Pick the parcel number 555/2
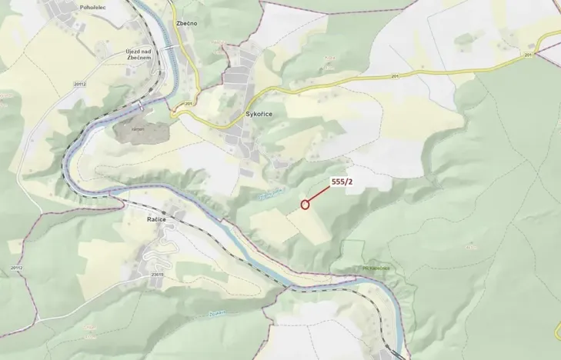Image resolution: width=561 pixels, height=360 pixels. [342, 182]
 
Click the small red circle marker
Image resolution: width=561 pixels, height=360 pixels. [305, 205]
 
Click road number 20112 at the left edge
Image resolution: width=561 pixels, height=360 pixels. [16, 267]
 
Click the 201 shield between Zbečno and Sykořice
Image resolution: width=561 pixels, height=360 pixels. [188, 104]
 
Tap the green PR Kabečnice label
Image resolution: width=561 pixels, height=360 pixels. [374, 268]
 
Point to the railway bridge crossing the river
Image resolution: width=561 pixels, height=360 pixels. [144, 102]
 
